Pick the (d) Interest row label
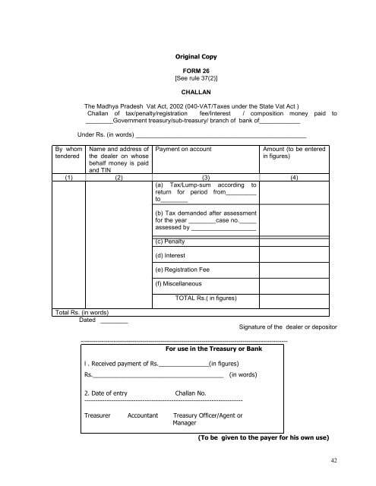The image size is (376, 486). (x=172, y=255)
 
